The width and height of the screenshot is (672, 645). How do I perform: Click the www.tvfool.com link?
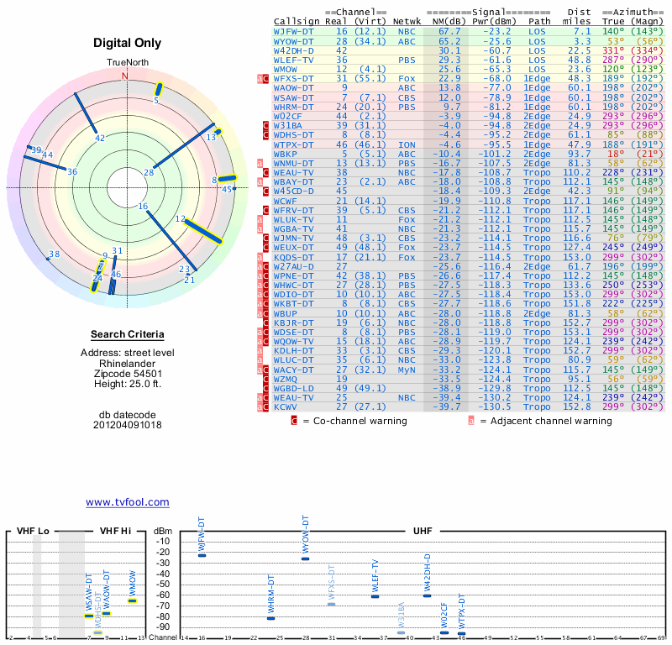(x=127, y=502)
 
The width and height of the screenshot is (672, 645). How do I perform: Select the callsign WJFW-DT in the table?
(x=293, y=30)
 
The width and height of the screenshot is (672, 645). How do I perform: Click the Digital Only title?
(x=127, y=43)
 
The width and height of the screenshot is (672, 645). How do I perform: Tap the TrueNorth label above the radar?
(x=127, y=63)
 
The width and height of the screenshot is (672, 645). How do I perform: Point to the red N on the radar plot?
(x=126, y=76)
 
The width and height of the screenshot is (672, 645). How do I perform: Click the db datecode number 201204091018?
(x=127, y=424)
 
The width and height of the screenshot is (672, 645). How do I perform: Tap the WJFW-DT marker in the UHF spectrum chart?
(x=202, y=556)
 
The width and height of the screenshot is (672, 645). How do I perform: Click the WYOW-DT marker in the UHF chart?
(x=306, y=558)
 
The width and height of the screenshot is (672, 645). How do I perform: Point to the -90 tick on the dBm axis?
(x=162, y=627)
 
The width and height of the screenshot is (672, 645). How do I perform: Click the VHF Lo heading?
(x=33, y=532)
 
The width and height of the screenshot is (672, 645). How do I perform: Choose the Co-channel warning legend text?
(x=355, y=421)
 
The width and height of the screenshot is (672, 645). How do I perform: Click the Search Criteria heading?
(x=127, y=334)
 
